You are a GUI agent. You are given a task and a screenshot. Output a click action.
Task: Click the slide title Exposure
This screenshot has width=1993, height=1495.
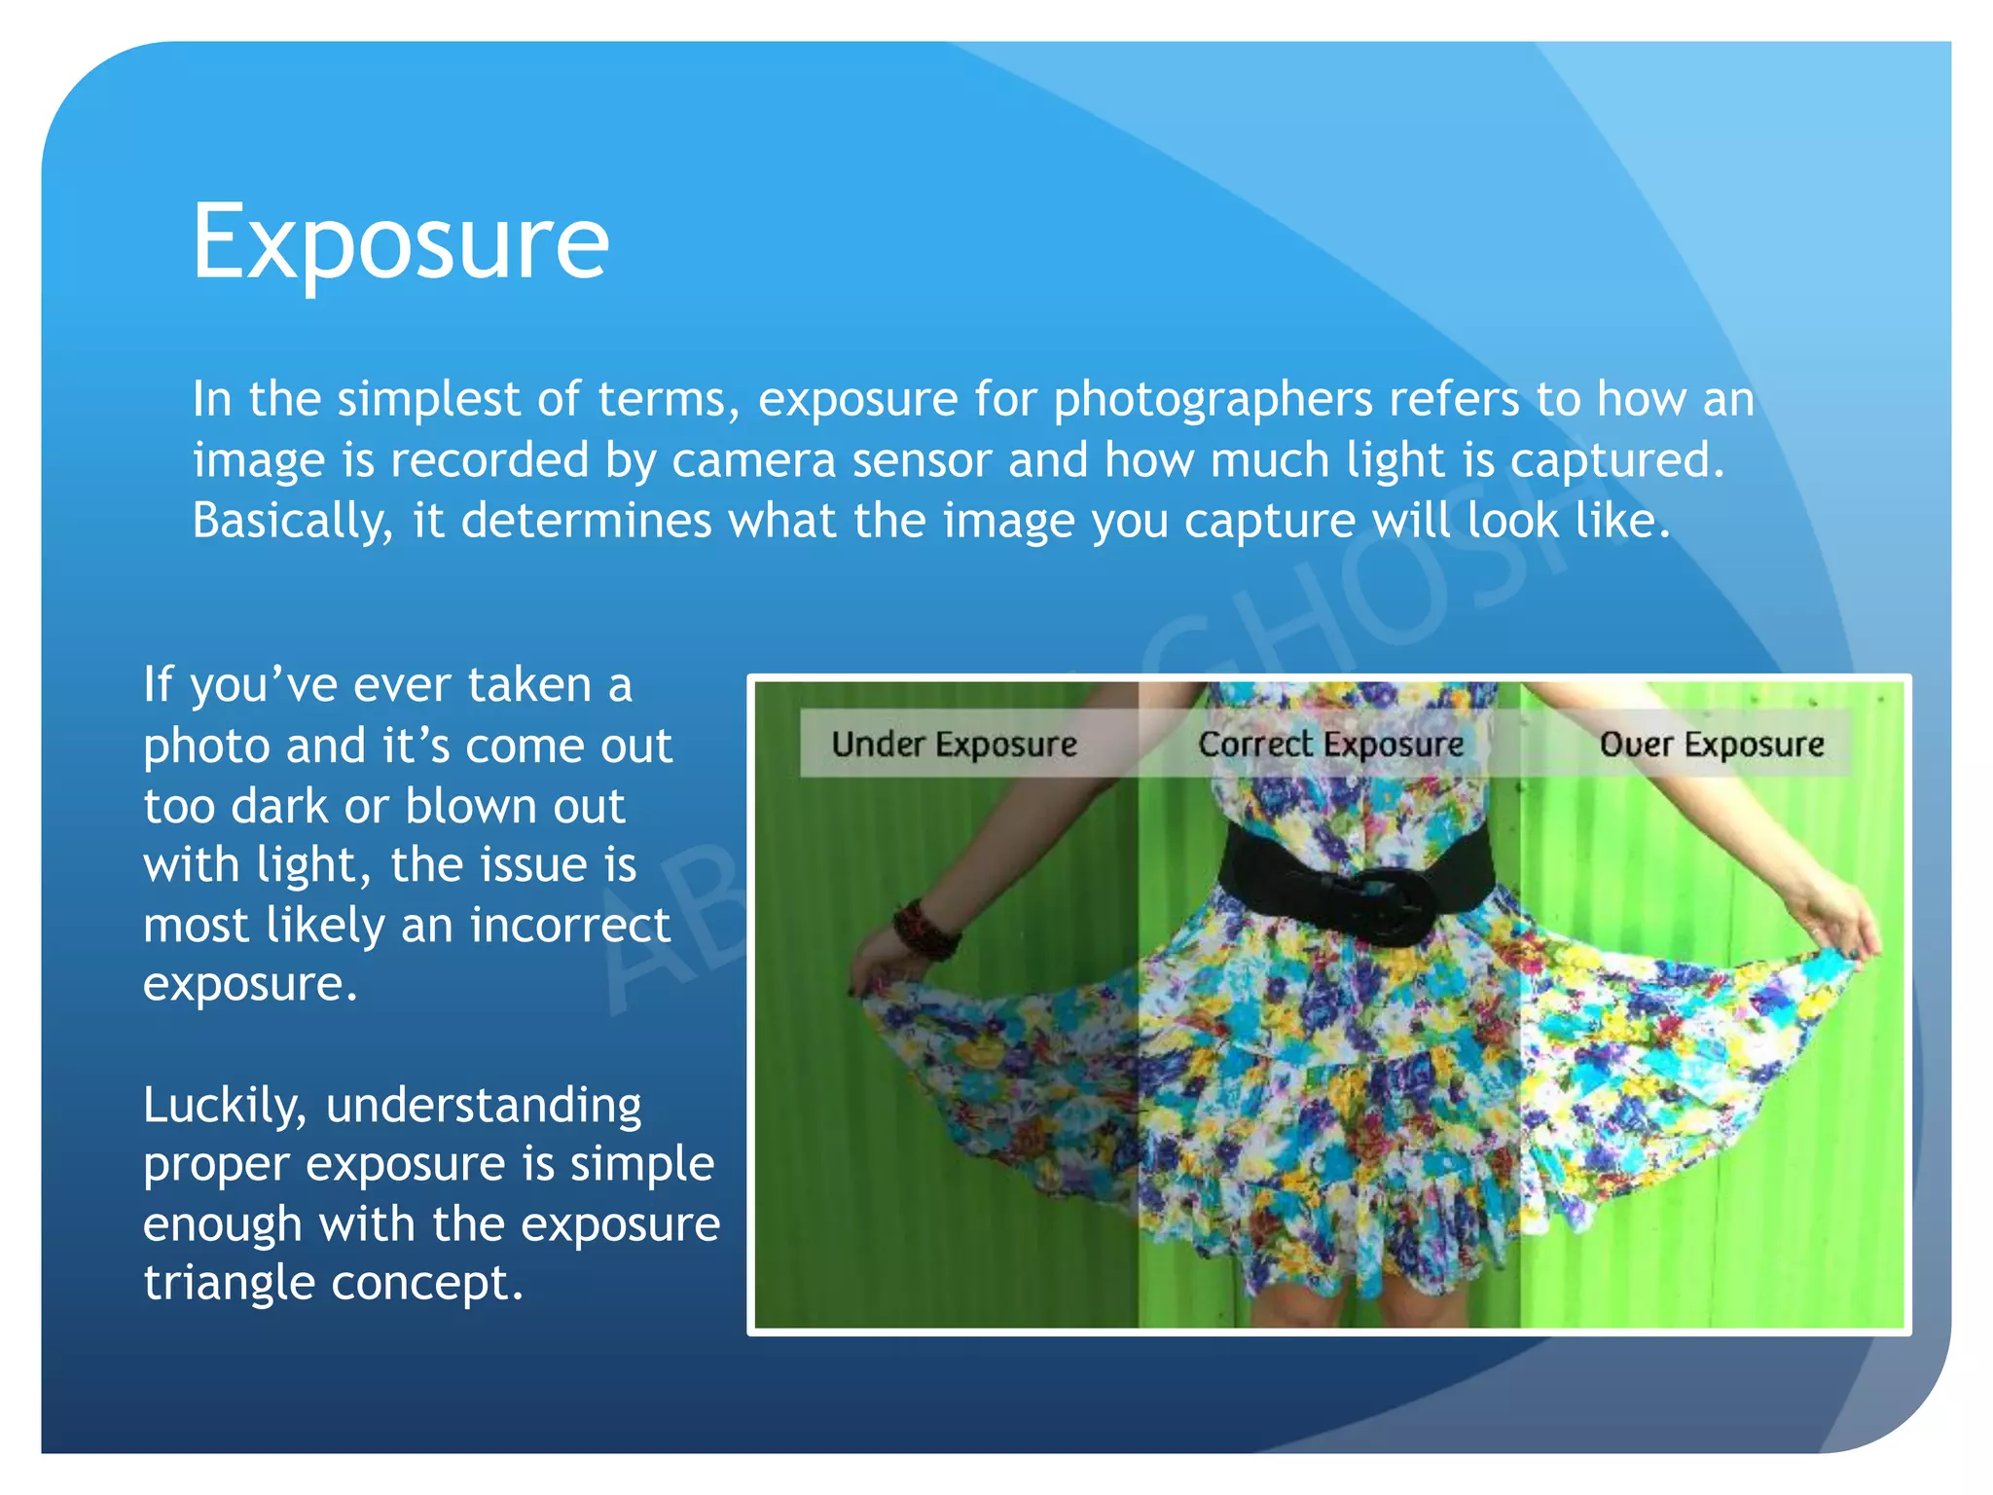point(400,241)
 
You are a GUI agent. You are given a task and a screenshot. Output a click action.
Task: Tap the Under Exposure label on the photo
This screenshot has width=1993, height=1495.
point(954,745)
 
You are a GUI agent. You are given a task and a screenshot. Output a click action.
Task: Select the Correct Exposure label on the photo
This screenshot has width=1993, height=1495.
point(1330,745)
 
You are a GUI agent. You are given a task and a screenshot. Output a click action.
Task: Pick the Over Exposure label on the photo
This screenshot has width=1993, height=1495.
point(1712,745)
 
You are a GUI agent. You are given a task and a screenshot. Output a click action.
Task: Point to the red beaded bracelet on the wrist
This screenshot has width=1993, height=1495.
point(924,930)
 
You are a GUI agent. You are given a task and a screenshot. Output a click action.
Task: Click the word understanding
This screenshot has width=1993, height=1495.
point(484,1106)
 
